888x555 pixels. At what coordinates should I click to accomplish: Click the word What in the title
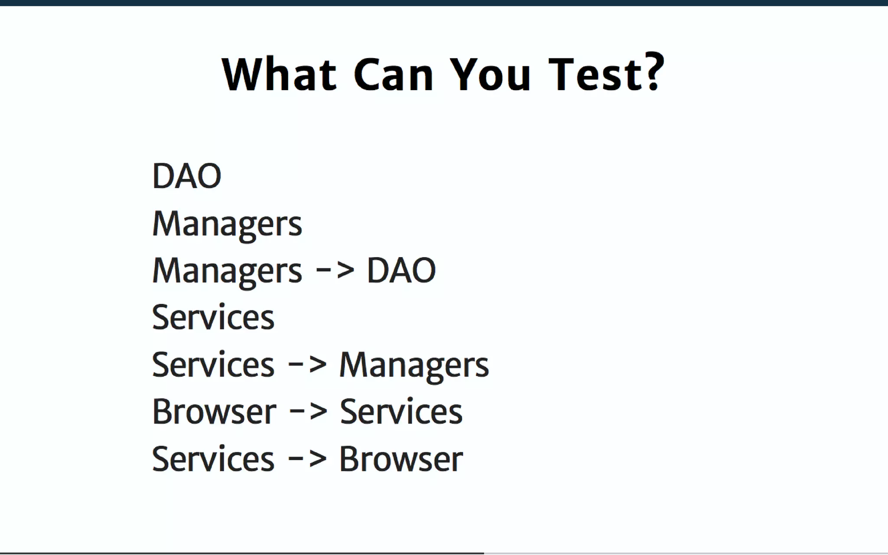[x=279, y=74]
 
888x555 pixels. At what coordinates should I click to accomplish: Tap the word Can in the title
[x=393, y=74]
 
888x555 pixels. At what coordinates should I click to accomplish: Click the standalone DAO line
[x=187, y=176]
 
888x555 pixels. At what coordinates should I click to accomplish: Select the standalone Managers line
[x=227, y=224]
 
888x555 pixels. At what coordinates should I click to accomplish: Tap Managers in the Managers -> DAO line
[x=227, y=271]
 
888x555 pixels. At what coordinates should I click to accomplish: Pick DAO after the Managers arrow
[x=401, y=271]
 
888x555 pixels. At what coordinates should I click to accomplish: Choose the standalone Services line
[x=213, y=317]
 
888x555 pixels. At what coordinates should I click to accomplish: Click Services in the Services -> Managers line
[x=213, y=365]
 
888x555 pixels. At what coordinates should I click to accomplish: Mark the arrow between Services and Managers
[x=307, y=364]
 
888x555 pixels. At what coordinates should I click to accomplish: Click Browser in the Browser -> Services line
[x=214, y=411]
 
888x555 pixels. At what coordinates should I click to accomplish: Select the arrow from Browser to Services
[x=307, y=411]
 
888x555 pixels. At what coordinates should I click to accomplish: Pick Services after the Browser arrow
[x=401, y=411]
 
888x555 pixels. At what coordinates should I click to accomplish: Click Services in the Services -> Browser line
[x=213, y=459]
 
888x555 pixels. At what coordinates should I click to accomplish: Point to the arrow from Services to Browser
[x=307, y=458]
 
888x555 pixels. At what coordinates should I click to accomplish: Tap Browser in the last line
[x=401, y=459]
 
